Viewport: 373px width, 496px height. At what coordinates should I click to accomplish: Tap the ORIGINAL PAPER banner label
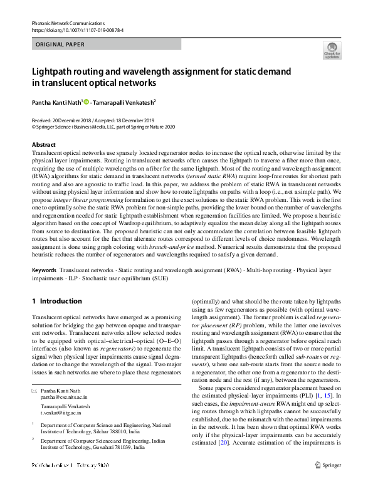tap(61, 45)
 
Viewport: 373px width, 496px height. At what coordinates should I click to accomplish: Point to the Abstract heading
tap(43, 144)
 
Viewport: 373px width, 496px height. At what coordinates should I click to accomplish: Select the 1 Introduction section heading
tap(56, 301)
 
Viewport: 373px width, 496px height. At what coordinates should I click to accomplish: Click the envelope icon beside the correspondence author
tap(34, 391)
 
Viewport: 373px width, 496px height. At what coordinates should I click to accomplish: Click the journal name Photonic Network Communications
tap(68, 23)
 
